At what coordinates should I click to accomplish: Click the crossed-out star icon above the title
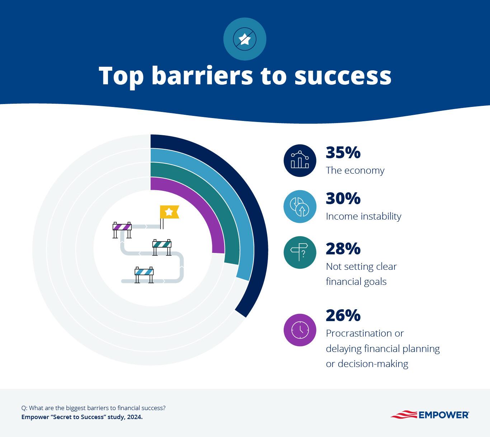245,39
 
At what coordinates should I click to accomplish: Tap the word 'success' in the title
343,76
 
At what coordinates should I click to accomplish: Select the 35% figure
343,152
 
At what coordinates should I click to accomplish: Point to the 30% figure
343,198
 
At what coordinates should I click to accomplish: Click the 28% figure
343,249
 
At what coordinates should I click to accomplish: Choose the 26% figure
343,315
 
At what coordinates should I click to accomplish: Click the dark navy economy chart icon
300,160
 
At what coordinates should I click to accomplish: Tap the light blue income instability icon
300,207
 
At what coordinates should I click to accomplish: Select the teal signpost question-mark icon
300,252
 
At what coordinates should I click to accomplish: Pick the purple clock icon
300,330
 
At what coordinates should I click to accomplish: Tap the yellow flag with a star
169,212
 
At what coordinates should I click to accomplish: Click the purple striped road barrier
122,227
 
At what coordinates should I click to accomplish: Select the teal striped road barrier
162,245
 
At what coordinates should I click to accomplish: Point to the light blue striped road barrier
144,272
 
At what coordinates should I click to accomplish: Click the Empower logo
430,415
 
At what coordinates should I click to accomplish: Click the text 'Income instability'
363,216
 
